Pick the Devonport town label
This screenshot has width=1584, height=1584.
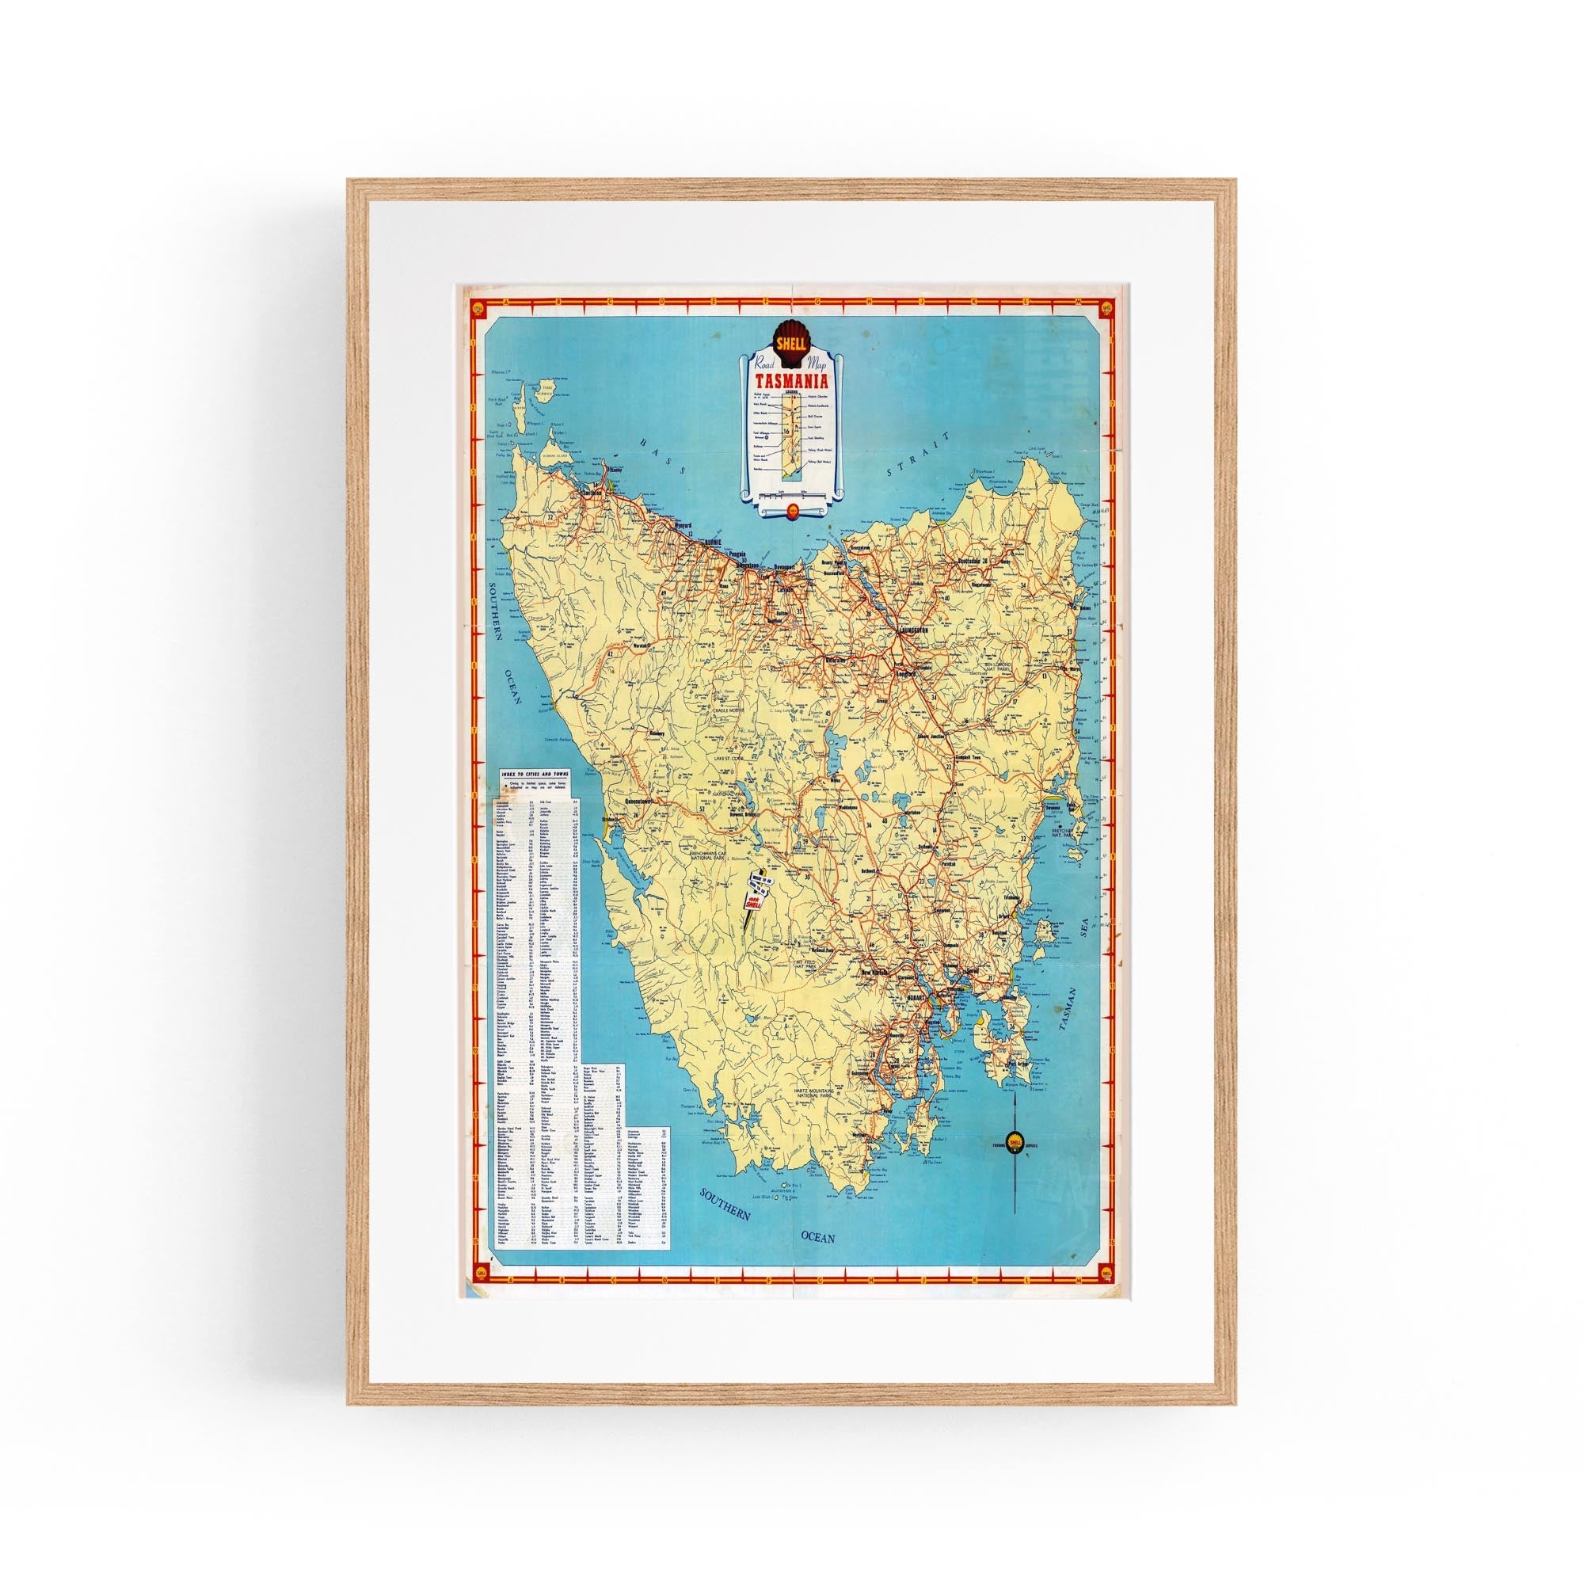(x=785, y=565)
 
